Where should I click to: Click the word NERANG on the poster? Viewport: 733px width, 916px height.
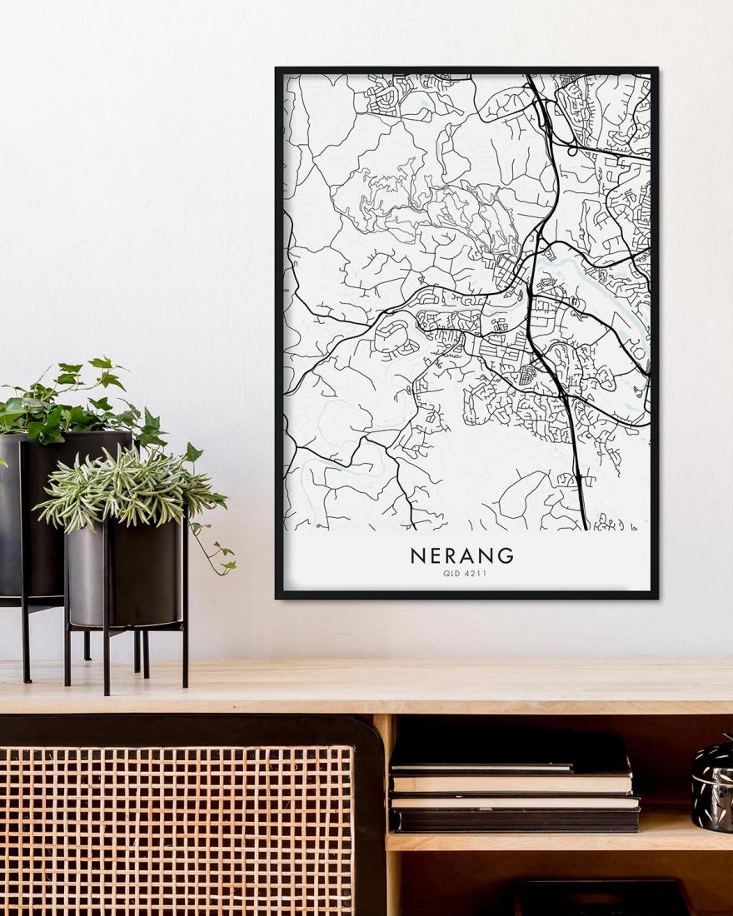coord(462,555)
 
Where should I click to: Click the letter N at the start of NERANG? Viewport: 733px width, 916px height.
coord(417,555)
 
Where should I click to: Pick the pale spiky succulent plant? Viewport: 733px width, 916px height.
coord(125,487)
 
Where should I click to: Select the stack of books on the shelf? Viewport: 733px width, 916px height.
coord(512,783)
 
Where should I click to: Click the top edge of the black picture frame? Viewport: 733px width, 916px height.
coord(466,70)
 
